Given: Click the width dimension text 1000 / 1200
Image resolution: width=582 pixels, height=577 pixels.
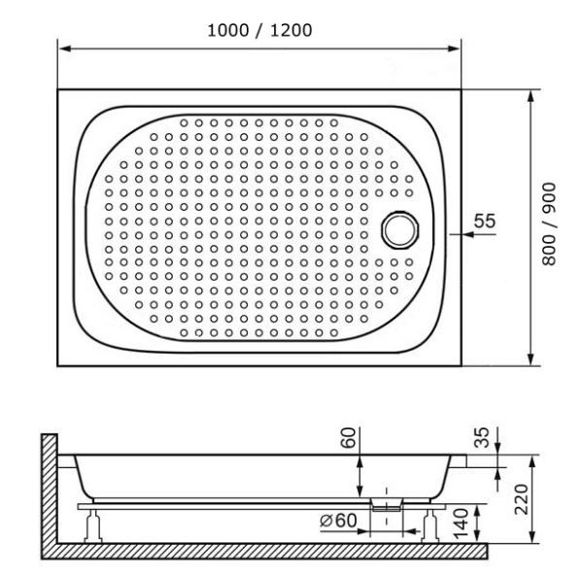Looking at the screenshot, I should tap(259, 30).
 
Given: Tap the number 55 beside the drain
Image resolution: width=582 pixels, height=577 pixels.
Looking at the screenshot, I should tap(484, 221).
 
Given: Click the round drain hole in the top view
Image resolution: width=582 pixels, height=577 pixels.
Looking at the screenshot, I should tap(398, 229).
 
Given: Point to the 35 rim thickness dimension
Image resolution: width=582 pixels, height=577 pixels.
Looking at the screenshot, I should tap(481, 437).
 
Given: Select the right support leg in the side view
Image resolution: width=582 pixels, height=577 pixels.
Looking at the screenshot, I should tap(428, 526).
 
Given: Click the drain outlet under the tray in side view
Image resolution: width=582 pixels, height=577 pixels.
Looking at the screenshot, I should tap(387, 502).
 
